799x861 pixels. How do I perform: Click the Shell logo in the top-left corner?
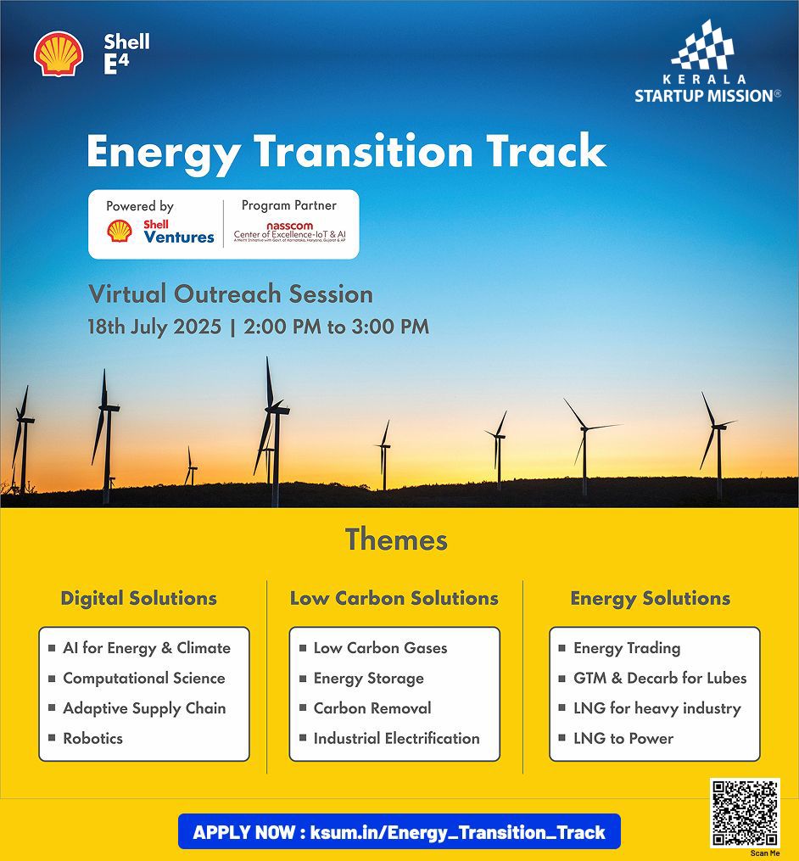click(59, 54)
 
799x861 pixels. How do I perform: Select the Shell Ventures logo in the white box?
click(160, 231)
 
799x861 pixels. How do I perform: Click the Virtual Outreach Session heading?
click(231, 294)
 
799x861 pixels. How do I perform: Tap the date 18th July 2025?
click(154, 327)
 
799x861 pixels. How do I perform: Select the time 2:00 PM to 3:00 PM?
click(336, 327)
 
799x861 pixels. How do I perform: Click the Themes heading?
click(396, 540)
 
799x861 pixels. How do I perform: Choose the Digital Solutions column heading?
click(139, 598)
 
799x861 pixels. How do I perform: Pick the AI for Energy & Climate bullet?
click(146, 648)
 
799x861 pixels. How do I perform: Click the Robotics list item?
click(92, 738)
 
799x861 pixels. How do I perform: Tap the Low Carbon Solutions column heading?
click(394, 598)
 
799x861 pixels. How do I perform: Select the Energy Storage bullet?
click(368, 679)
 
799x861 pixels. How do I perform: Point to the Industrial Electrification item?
click(396, 738)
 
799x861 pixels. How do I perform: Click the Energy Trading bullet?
click(627, 648)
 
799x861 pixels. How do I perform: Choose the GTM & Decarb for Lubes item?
click(660, 679)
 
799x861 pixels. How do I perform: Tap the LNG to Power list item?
click(623, 738)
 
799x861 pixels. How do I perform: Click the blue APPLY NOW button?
click(399, 832)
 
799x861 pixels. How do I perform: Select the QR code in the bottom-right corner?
click(745, 813)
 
